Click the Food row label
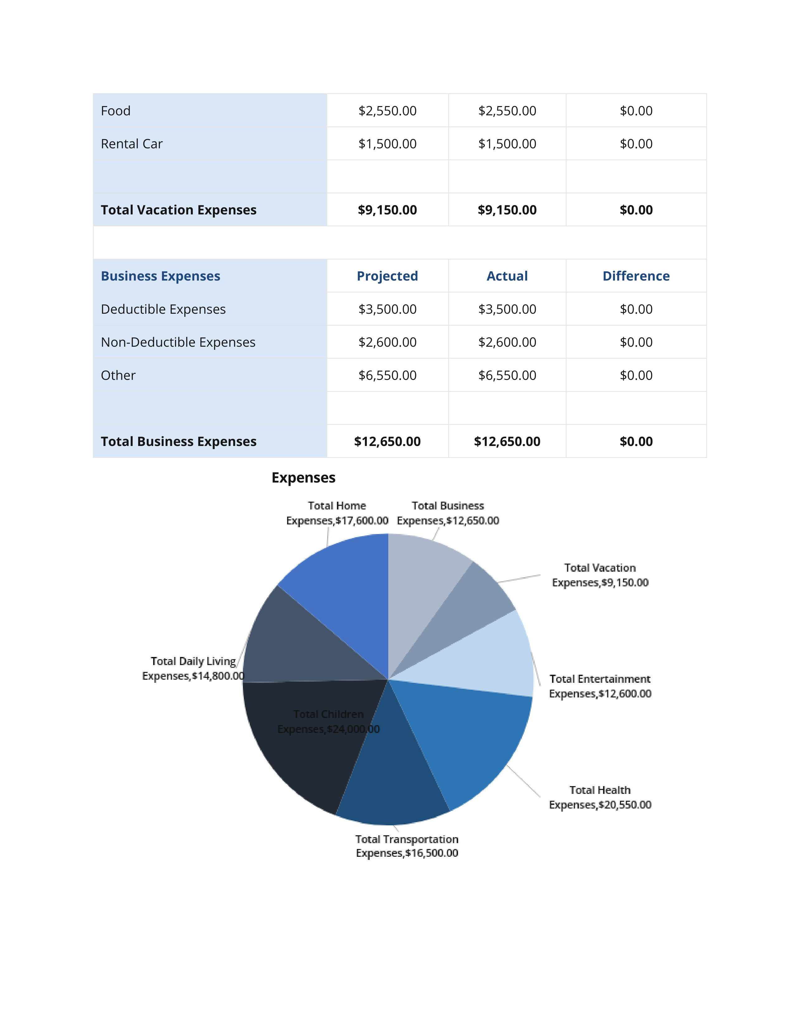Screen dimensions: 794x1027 116,111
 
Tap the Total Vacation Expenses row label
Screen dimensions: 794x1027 178,210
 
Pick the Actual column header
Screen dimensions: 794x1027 507,276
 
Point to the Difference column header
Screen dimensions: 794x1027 636,276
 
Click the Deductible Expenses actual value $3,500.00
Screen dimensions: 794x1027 507,309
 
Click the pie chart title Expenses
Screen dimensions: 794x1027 303,478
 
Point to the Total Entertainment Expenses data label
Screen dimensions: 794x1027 600,686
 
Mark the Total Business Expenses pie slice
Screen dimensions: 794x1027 423,588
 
